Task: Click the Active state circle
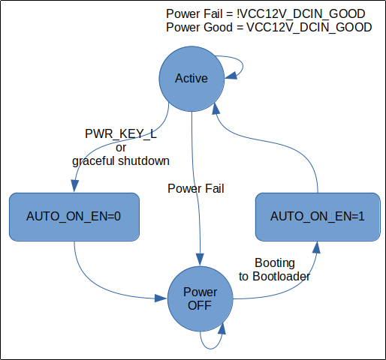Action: (191, 79)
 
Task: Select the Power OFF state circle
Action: (200, 299)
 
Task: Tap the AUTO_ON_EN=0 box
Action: (74, 217)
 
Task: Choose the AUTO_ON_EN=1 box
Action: (318, 217)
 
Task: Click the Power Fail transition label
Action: (196, 188)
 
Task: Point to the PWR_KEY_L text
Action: (121, 134)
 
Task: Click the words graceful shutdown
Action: (121, 161)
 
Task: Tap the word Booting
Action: (275, 263)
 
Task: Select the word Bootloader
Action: (282, 277)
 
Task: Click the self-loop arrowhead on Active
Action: (231, 76)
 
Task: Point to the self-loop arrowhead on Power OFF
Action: (222, 328)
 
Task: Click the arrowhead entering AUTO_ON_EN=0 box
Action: (74, 186)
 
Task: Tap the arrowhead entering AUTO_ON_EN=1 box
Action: (317, 247)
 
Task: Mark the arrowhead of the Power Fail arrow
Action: (200, 259)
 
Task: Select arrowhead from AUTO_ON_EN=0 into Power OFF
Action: (161, 298)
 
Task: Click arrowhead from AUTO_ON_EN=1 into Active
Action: (216, 109)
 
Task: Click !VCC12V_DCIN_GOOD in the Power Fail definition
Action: (300, 14)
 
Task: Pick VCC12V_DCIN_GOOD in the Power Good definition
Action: (309, 28)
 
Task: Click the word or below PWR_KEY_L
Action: (121, 148)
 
